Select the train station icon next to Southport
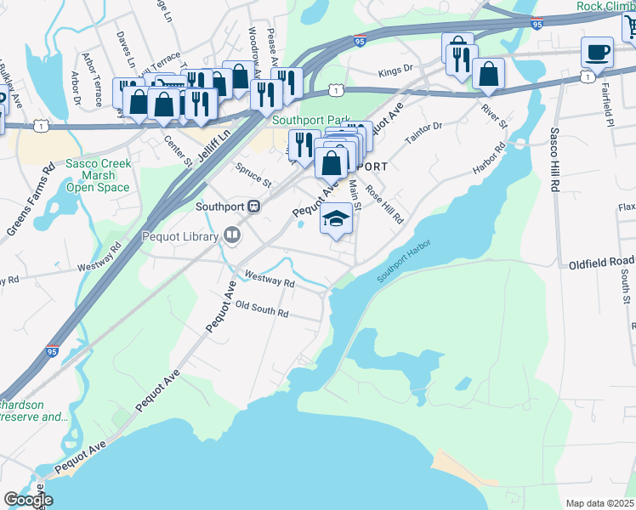pyautogui.click(x=253, y=207)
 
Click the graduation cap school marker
pyautogui.click(x=337, y=219)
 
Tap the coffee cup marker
pyautogui.click(x=597, y=52)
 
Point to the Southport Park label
pyautogui.click(x=306, y=120)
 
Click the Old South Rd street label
pyautogui.click(x=262, y=309)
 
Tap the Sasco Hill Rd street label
pyautogui.click(x=554, y=159)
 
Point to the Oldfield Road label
pyautogui.click(x=602, y=261)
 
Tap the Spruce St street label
pyautogui.click(x=253, y=176)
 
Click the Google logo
pyautogui.click(x=27, y=499)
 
